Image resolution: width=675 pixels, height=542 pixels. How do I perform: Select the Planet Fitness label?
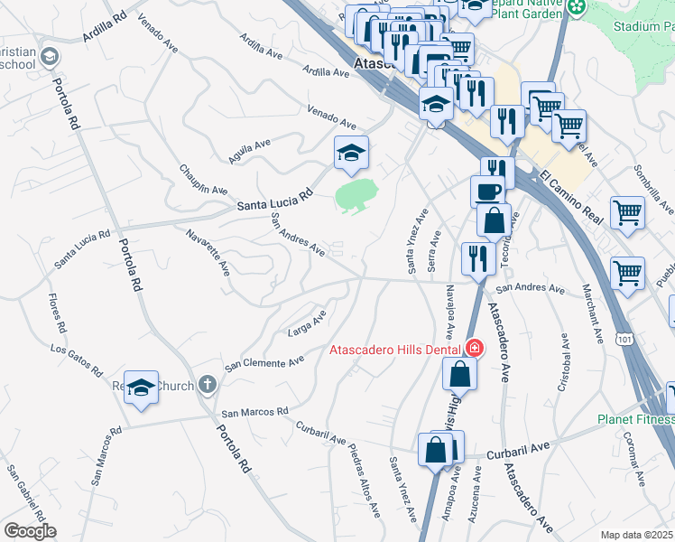(635, 419)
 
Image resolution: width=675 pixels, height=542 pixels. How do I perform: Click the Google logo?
(30, 531)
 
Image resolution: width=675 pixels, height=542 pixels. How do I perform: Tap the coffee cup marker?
(488, 192)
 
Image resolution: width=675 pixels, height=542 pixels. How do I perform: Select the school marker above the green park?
(351, 153)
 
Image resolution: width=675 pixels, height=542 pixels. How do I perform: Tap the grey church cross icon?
(207, 386)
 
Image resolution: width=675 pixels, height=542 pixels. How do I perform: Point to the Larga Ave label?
(306, 322)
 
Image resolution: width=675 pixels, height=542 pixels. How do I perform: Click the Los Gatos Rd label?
(79, 360)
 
